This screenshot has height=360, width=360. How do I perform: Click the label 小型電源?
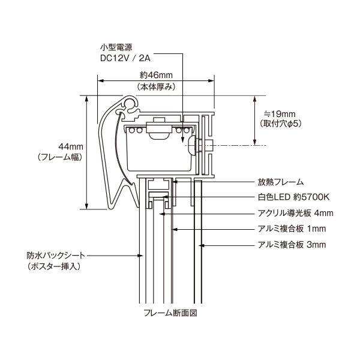pyautogui.click(x=116, y=47)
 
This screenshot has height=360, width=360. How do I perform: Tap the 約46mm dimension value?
pyautogui.click(x=156, y=75)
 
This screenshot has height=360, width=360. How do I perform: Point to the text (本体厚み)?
pyautogui.click(x=156, y=87)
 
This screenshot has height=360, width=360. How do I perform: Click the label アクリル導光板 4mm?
pyautogui.click(x=295, y=213)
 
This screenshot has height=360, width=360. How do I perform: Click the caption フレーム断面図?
pyautogui.click(x=171, y=313)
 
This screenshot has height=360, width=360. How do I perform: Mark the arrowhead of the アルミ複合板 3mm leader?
pyautogui.click(x=202, y=245)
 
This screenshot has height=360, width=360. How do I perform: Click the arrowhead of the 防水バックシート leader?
pyautogui.click(x=142, y=255)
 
